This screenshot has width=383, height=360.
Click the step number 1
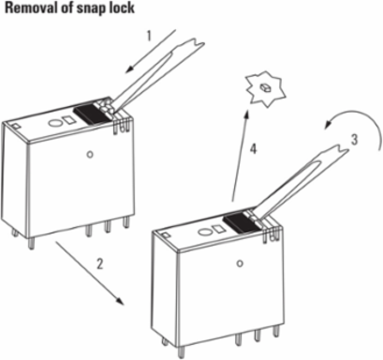[149, 36]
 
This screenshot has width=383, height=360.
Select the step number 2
[99, 264]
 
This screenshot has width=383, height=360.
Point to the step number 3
[354, 140]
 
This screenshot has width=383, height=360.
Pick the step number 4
[253, 149]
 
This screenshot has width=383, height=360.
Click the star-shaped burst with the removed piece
[266, 88]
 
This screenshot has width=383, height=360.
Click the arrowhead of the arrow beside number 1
[129, 68]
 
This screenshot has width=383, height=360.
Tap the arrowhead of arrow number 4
[246, 115]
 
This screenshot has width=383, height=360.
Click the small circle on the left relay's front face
[90, 155]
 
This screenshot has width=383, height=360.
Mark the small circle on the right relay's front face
[240, 263]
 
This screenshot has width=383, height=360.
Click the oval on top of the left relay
[54, 123]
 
